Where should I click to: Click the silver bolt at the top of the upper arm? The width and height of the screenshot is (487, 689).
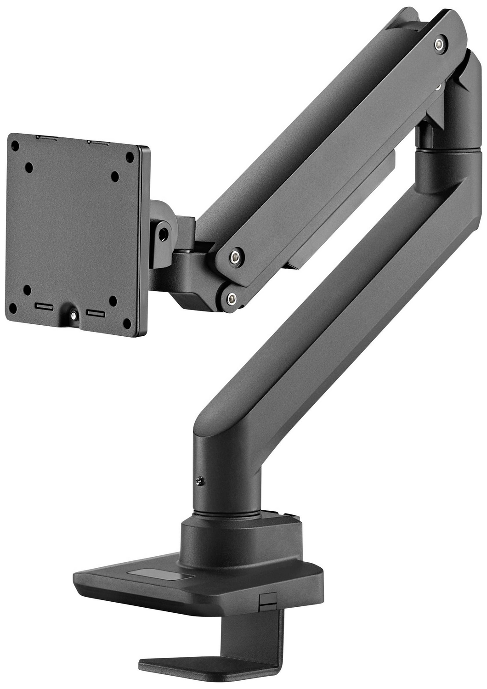[x=440, y=44]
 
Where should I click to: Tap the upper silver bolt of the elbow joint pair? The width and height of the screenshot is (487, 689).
[x=236, y=256]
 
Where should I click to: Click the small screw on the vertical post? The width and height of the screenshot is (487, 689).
[x=199, y=480]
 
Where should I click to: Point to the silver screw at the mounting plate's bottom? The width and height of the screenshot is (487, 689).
[x=74, y=316]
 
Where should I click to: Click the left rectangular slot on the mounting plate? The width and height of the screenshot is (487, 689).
[x=44, y=306]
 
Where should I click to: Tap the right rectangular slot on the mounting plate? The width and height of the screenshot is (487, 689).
[x=96, y=313]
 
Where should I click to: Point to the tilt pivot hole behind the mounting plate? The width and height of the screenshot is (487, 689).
[x=162, y=234]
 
